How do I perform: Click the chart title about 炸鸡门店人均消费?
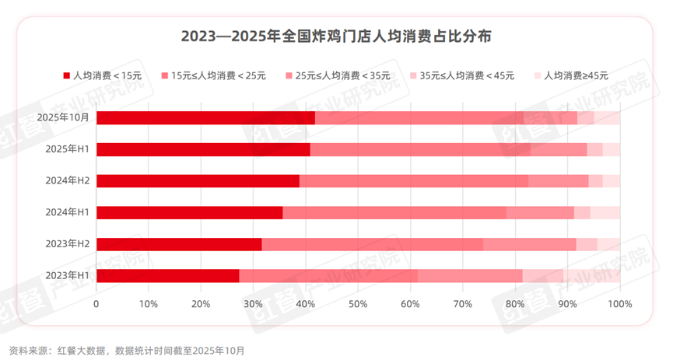click(x=336, y=37)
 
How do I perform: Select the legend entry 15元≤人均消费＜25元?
click(x=213, y=75)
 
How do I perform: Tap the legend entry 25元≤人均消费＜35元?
click(x=338, y=75)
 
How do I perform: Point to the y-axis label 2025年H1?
click(x=68, y=149)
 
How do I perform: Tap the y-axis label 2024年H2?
click(x=68, y=181)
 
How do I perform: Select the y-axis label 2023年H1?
click(x=68, y=275)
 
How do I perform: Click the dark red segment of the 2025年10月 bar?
click(x=205, y=118)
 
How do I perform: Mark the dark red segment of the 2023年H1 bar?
click(x=167, y=275)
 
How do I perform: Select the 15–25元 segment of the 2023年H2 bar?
click(x=372, y=244)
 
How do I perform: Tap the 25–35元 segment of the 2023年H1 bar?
click(x=470, y=275)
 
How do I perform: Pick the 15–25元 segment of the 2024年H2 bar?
click(x=414, y=181)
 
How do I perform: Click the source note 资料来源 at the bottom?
click(x=126, y=350)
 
